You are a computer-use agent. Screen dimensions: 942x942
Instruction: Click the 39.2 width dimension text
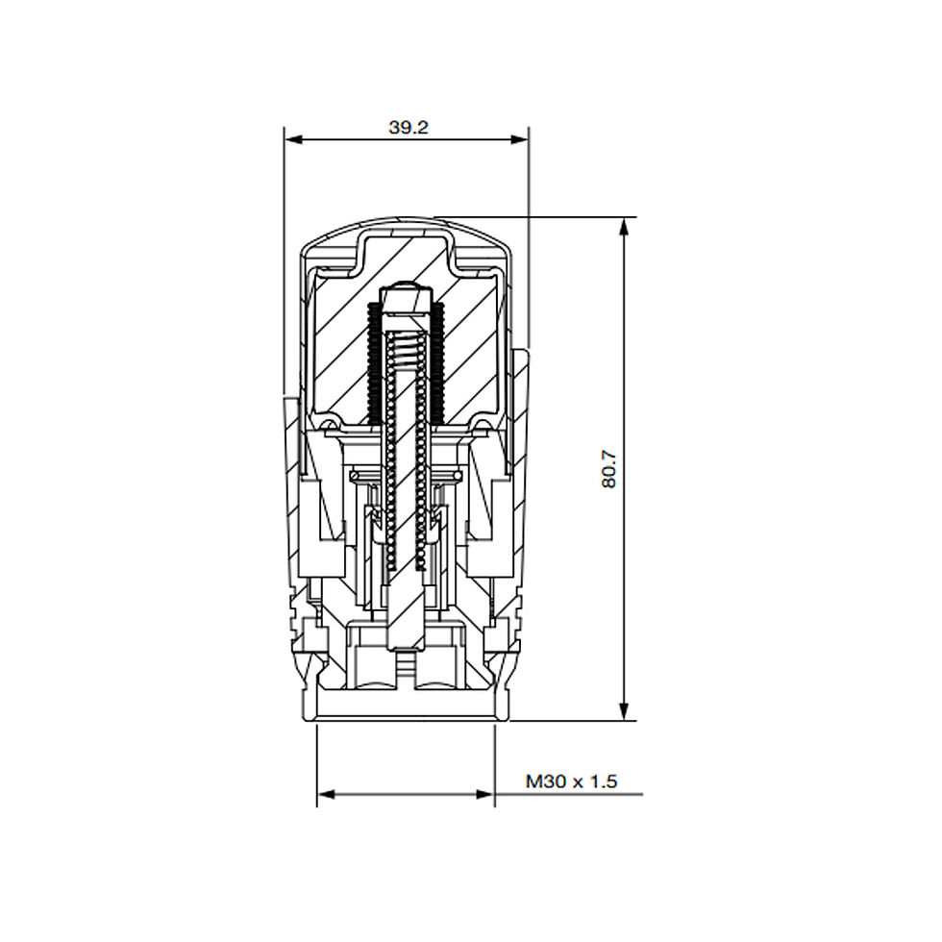tap(408, 127)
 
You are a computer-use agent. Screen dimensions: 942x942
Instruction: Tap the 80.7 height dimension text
tap(608, 469)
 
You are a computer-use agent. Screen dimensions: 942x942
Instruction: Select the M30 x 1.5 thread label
tap(571, 781)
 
